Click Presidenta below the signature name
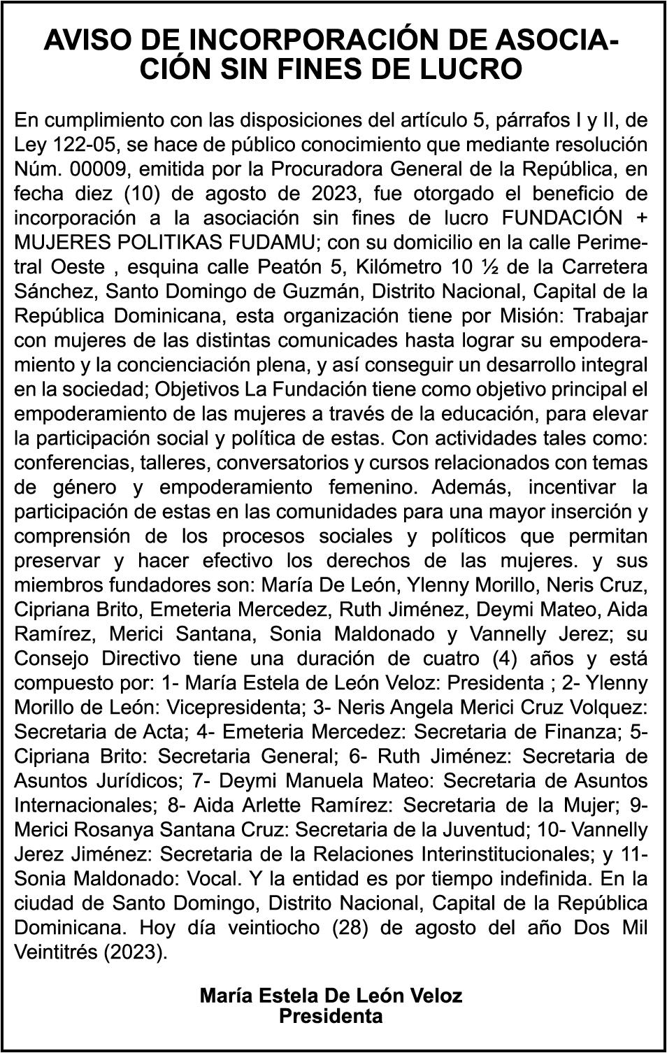(x=331, y=1016)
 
